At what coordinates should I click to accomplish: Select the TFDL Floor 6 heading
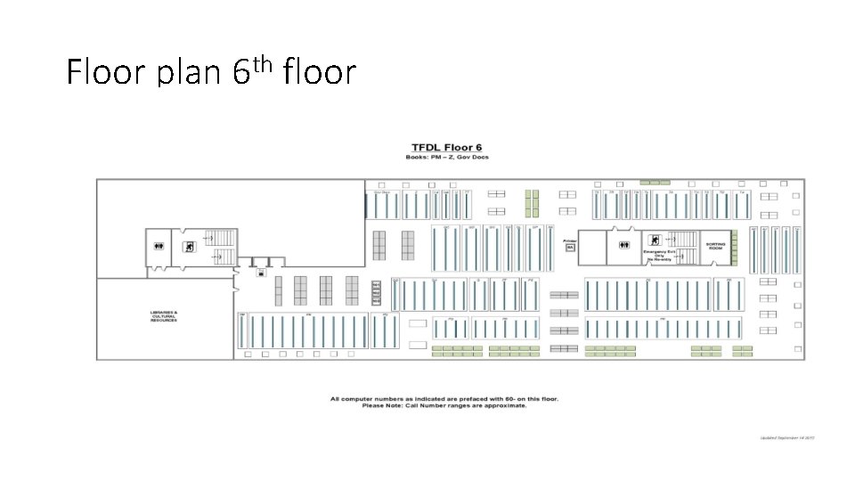coord(446,147)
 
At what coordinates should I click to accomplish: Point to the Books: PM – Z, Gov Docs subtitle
coord(447,158)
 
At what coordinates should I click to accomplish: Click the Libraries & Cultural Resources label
coord(164,316)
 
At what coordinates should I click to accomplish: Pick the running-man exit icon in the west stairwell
coord(188,247)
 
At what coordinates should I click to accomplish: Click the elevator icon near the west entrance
coord(260,273)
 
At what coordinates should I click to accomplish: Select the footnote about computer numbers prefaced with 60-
coord(444,398)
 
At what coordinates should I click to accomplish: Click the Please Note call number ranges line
coord(444,405)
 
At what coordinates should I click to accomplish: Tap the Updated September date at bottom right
coord(787,438)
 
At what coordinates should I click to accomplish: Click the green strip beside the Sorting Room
coord(735,247)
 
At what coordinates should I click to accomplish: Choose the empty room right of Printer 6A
coord(593,247)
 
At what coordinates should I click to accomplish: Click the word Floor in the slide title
coord(106,71)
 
